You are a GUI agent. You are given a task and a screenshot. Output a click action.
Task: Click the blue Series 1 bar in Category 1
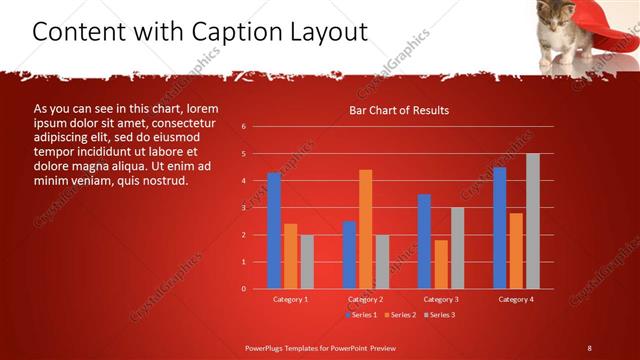pos(274,231)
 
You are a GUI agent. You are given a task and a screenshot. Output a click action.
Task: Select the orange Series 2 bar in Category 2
pos(365,229)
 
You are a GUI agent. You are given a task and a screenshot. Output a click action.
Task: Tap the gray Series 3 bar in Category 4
pos(532,221)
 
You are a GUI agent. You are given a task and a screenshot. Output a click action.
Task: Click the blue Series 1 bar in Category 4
pos(499,228)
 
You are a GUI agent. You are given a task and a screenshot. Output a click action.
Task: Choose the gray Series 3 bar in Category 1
pos(307,262)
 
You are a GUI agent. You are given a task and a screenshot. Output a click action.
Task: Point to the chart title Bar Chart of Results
pos(398,110)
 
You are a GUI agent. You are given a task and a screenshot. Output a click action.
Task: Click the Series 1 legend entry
pos(362,315)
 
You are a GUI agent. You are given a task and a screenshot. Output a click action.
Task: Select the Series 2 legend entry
pos(400,315)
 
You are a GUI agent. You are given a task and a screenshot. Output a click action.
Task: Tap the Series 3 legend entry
pos(439,315)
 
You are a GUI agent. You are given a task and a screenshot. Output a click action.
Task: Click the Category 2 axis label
pos(365,299)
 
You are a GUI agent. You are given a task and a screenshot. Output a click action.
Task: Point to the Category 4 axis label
pos(515,299)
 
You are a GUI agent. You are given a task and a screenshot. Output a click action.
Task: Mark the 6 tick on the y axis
pos(244,127)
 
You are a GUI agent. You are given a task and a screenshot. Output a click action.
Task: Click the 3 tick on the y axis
pos(244,208)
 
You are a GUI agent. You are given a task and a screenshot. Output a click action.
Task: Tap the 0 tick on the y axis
pos(244,289)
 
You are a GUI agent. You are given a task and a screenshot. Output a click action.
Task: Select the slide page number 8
pos(589,347)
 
